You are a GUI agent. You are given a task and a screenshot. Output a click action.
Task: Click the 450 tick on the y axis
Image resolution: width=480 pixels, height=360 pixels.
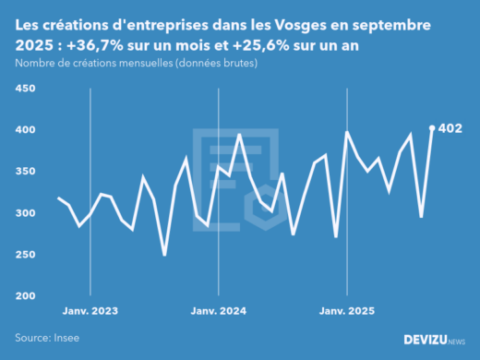point(24,89)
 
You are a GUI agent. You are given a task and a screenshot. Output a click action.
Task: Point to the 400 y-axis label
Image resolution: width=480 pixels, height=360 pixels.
point(24,130)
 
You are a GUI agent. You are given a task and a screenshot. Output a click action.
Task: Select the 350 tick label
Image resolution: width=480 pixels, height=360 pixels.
point(24,172)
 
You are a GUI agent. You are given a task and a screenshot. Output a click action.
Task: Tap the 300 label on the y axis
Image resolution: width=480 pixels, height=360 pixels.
point(24,213)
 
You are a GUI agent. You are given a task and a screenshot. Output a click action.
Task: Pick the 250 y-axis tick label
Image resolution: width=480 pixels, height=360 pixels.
point(24,255)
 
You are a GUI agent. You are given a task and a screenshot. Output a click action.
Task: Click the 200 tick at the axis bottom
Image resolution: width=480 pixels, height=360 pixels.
point(24,296)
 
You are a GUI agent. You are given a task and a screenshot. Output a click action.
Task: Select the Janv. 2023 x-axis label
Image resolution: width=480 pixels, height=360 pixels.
point(90,312)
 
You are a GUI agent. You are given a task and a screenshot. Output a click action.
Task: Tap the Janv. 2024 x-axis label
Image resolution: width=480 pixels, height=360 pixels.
point(218,312)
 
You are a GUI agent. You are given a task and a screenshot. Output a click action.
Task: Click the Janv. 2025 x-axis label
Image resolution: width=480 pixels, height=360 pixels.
point(346,312)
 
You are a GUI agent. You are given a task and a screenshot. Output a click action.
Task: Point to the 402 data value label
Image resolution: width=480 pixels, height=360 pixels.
point(450,128)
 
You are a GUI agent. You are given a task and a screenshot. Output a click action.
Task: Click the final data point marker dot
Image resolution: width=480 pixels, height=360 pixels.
point(432,128)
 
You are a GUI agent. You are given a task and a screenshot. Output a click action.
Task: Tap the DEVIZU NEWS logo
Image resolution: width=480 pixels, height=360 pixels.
point(434,340)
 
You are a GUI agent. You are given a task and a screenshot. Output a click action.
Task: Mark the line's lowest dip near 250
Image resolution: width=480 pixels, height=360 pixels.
point(164,255)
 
